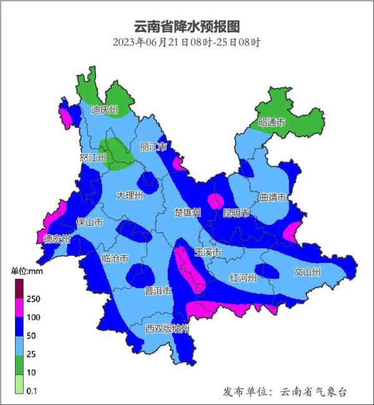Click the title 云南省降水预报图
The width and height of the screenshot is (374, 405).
pos(187,27)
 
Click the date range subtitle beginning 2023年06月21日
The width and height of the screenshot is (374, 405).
pos(186,42)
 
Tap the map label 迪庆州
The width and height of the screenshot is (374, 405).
pos(105,110)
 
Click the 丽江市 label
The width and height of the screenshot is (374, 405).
pos(154,147)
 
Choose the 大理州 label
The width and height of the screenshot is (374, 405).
pos(130,195)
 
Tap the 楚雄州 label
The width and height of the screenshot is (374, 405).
pos(188,213)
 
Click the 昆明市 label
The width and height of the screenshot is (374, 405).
pos(237,213)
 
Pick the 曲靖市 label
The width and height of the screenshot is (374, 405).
pos(273,197)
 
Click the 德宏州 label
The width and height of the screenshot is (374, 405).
pos(57,239)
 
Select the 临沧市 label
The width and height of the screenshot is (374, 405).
pos(115,258)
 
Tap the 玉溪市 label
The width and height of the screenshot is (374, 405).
pos(208,252)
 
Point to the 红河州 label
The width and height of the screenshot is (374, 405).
pos(242,278)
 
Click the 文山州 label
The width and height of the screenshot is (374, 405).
pos(307,272)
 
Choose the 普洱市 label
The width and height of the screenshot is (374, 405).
pos(158,291)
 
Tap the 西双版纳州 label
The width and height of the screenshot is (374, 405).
pos(167,328)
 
